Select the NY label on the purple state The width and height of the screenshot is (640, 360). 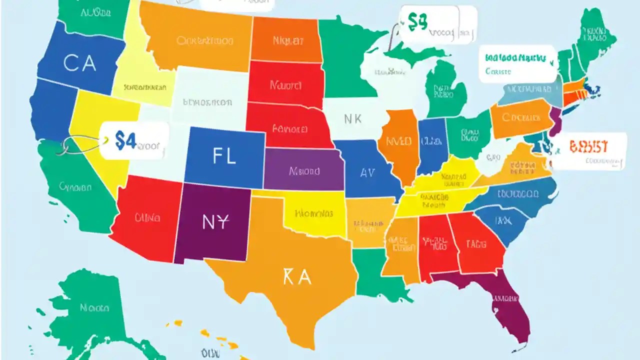215,222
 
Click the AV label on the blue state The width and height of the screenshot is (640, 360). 367,172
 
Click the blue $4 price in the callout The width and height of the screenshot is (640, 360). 125,141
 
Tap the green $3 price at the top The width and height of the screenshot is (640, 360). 417,21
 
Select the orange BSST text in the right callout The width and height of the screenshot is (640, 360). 588,146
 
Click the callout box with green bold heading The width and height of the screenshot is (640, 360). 518,64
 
